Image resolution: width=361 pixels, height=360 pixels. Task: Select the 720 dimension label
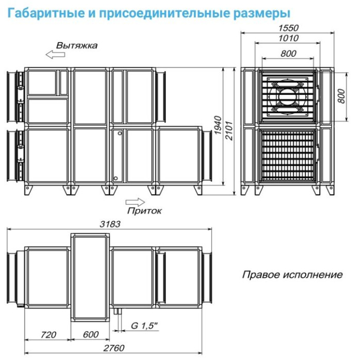[48, 335]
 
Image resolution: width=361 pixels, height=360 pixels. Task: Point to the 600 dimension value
[90, 335]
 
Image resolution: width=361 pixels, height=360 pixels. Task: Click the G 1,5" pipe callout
[144, 326]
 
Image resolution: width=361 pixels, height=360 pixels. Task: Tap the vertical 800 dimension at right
[341, 93]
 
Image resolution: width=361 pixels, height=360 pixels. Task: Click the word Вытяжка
[77, 45]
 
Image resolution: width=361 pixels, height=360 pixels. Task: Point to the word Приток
[144, 210]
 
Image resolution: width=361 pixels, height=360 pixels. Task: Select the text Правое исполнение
[292, 275]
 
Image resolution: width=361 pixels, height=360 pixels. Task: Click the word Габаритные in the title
[44, 12]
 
